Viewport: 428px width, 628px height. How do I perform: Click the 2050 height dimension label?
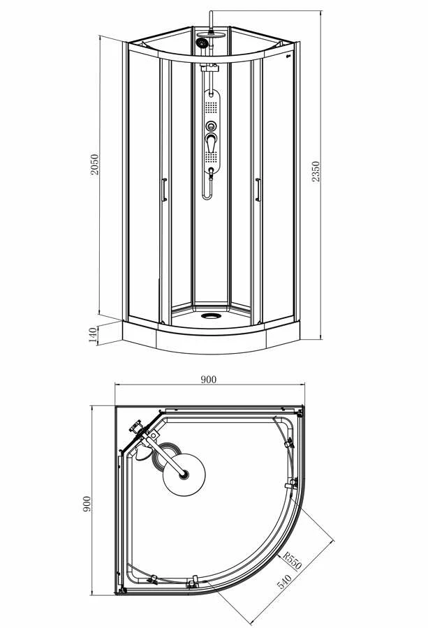pyautogui.click(x=94, y=164)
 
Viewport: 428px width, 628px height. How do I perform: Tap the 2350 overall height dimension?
pyautogui.click(x=316, y=172)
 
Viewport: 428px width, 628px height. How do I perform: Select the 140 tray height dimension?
pyautogui.click(x=93, y=335)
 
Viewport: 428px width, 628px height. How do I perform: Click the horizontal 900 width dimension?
pyautogui.click(x=208, y=380)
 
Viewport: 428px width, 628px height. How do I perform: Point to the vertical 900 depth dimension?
pyautogui.click(x=87, y=504)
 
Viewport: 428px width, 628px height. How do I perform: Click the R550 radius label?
pyautogui.click(x=292, y=560)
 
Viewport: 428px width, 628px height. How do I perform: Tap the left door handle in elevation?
pyautogui.click(x=164, y=190)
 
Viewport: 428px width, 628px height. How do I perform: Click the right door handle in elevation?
pyautogui.click(x=258, y=190)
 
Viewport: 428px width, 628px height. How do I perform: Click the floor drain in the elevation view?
pyautogui.click(x=211, y=316)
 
